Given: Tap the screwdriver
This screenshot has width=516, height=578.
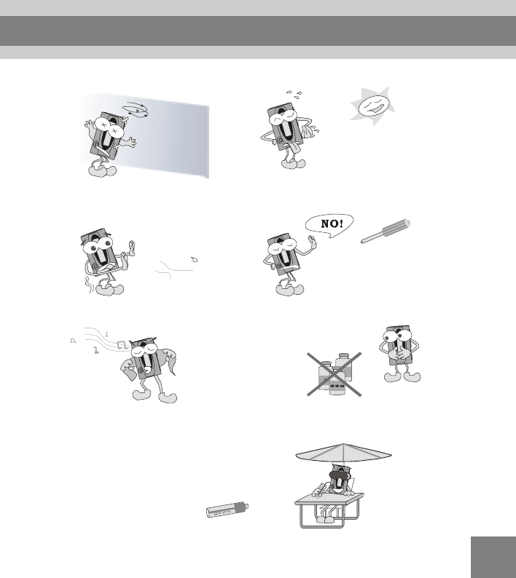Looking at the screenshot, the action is [x=386, y=231].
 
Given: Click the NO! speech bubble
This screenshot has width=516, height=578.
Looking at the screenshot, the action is [x=329, y=224].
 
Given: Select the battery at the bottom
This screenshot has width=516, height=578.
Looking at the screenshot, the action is [x=227, y=510].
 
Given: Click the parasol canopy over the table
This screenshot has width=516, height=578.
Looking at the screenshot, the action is [x=343, y=453].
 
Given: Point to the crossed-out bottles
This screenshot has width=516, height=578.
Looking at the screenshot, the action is [x=335, y=373].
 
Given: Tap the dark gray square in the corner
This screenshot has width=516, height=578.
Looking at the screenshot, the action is [x=493, y=557].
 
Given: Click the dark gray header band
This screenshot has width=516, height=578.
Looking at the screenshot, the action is [x=258, y=31].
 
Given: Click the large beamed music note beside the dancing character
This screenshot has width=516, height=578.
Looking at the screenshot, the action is [x=122, y=345].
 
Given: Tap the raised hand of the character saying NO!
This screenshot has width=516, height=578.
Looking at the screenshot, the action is [x=313, y=242].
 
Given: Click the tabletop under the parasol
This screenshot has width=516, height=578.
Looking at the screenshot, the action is [x=329, y=499].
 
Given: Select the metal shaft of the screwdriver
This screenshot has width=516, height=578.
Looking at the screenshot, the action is [x=371, y=238].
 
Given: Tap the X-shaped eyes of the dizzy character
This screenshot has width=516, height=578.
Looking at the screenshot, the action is [x=109, y=126].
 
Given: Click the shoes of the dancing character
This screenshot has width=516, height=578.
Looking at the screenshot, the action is [x=155, y=397].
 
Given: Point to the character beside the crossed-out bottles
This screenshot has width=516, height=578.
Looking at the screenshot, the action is [x=400, y=354].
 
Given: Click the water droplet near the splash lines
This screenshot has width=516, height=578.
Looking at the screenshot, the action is [x=194, y=259].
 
